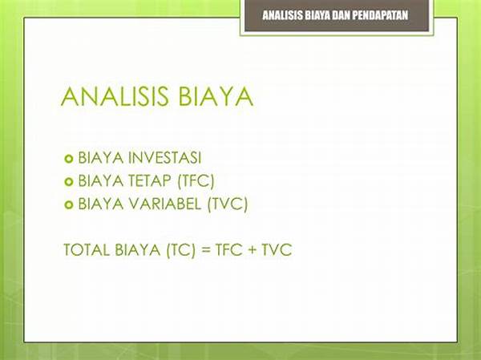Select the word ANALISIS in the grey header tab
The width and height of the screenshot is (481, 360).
[282, 15]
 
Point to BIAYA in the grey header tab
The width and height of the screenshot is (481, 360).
[317, 15]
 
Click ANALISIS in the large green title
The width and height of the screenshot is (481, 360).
[115, 96]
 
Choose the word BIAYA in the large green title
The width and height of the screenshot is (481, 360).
[216, 96]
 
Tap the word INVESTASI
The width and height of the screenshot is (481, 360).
[164, 158]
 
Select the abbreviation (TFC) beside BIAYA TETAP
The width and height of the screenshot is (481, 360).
[196, 180]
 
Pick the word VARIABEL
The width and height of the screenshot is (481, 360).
[164, 204]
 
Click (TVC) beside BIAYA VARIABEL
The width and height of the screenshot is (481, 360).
[228, 204]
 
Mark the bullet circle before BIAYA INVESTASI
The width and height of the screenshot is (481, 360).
[69, 159]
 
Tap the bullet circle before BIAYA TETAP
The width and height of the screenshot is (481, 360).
[69, 182]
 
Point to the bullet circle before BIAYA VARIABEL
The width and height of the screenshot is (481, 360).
[69, 204]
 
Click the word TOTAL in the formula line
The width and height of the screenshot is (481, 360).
[87, 249]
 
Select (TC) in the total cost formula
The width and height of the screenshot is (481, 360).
[181, 249]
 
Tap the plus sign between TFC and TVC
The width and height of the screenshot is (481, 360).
[253, 250]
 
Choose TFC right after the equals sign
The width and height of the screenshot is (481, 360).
[228, 249]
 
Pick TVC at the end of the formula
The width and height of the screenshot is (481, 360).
[277, 249]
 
